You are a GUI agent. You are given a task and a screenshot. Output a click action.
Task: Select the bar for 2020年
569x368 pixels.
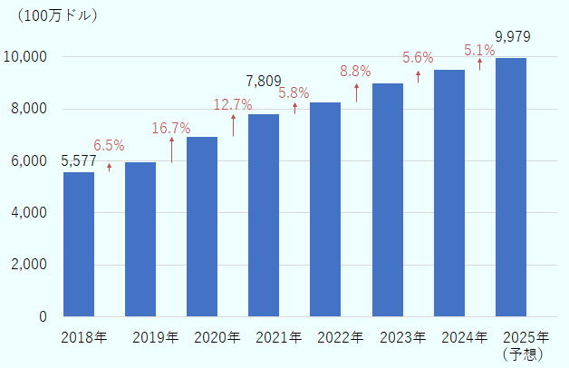click(202, 226)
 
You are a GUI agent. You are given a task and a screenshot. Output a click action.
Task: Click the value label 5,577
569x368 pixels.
click(78, 160)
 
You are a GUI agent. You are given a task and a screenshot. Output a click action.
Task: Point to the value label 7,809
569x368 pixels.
click(264, 82)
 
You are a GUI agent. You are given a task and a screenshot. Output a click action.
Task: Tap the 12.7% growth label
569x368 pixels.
click(233, 105)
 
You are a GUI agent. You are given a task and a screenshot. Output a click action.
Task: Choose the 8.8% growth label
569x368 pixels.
click(356, 70)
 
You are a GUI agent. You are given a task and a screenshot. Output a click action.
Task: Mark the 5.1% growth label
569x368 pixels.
click(479, 51)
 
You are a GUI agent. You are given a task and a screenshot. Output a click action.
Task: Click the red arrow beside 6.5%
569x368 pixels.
click(109, 167)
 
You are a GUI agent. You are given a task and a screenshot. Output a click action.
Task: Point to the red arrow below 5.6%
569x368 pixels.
click(418, 77)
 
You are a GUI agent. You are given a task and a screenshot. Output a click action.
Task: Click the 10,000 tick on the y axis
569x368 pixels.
click(28, 56)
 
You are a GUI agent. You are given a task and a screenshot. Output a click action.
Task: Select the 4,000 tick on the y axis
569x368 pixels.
click(31, 213)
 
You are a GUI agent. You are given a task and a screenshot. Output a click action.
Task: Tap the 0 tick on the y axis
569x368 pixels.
click(43, 317)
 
